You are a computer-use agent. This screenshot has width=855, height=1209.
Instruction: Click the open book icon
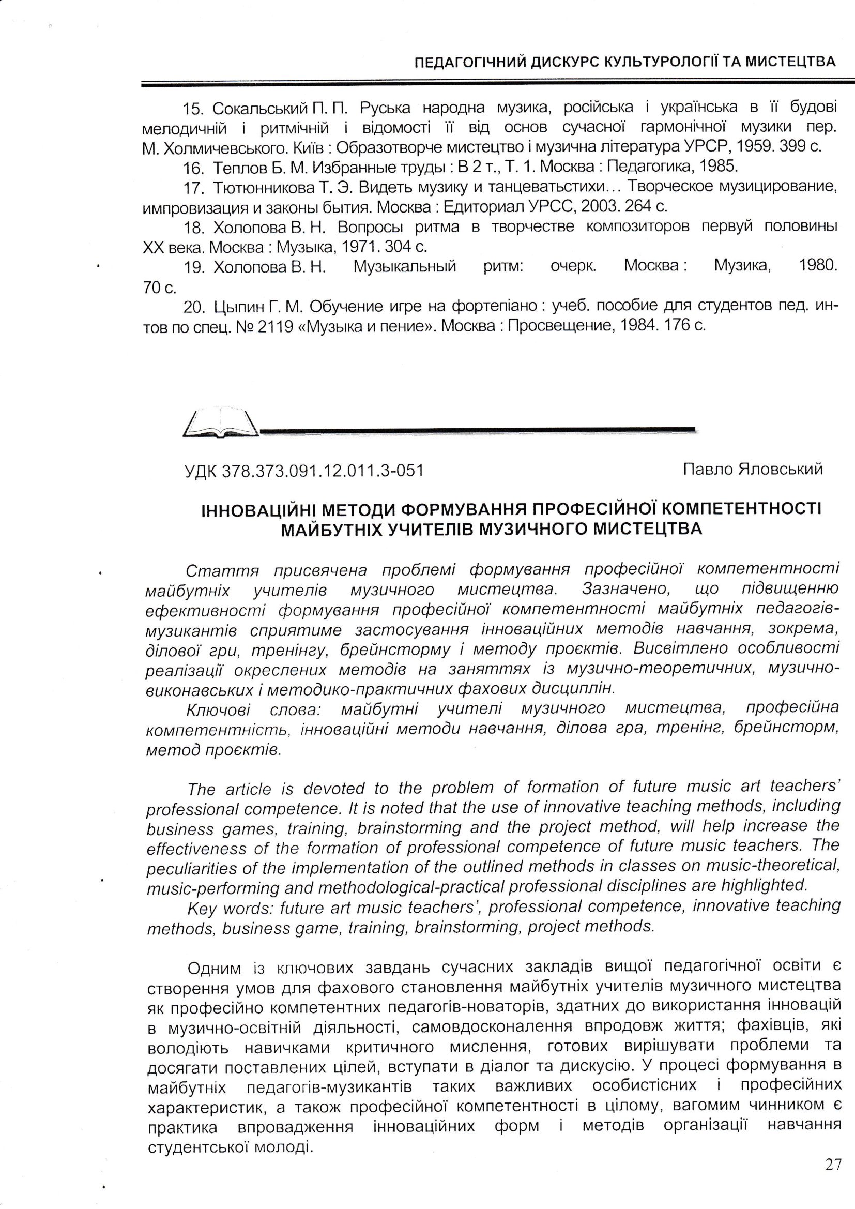[221, 424]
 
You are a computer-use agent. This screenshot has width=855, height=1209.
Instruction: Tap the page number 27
[833, 1163]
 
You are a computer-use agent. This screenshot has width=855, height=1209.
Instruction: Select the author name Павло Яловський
[753, 469]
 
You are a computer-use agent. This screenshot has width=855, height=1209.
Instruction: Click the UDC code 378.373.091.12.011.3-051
[323, 470]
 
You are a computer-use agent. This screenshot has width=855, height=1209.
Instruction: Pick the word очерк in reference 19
[573, 265]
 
